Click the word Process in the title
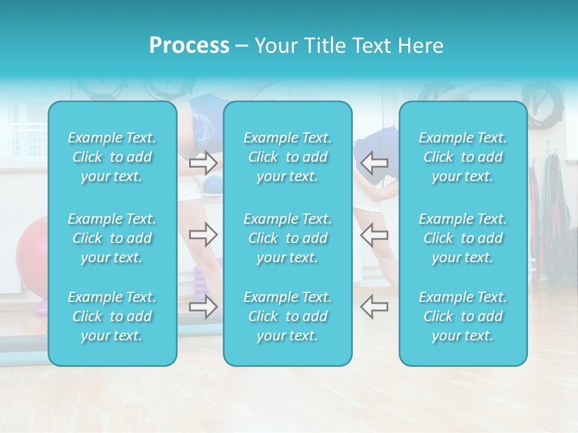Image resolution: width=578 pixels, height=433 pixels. click(x=189, y=46)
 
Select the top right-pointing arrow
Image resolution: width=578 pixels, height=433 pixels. click(x=203, y=162)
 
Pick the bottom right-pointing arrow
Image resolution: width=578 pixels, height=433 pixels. click(x=203, y=307)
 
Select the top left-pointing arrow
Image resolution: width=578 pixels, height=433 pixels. click(x=374, y=162)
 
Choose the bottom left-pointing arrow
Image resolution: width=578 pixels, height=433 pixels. click(x=374, y=307)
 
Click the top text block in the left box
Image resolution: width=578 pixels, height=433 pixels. click(x=112, y=157)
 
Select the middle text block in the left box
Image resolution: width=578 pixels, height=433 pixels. click(x=112, y=238)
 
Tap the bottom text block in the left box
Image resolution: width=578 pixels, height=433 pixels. click(x=112, y=316)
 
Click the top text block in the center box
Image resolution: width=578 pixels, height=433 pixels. click(x=288, y=157)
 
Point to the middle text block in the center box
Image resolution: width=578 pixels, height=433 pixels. click(x=288, y=238)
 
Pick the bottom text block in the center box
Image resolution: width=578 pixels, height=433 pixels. click(x=288, y=316)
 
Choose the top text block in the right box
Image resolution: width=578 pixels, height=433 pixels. click(x=463, y=157)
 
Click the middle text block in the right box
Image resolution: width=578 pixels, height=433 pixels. click(x=463, y=238)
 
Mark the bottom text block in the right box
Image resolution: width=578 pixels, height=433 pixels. click(x=463, y=316)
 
